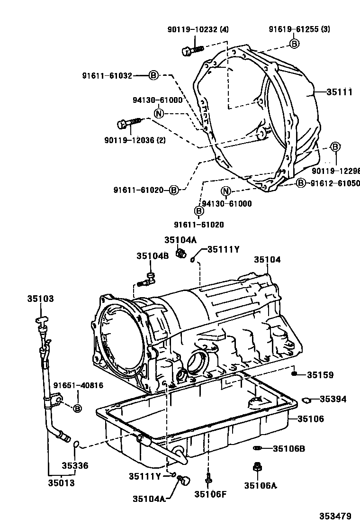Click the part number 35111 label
[x=339, y=92]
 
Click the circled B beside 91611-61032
[x=153, y=75]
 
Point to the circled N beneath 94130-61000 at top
[x=159, y=113]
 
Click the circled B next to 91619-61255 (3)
[x=294, y=44]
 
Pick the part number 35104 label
[x=267, y=260]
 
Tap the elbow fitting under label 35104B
[x=147, y=280]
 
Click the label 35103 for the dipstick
[x=40, y=299]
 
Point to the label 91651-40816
[x=78, y=385]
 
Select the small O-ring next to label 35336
[x=76, y=445]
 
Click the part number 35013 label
[x=61, y=483]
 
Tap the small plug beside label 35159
[x=294, y=374]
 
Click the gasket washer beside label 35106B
[x=257, y=448]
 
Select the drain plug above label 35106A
[x=257, y=468]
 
